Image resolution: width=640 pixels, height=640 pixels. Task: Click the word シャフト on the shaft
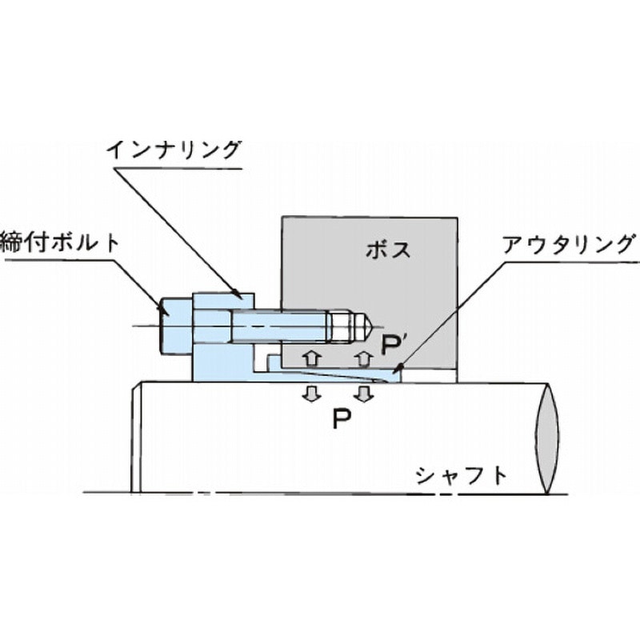coord(462,476)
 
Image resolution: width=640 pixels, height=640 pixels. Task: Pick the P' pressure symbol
coord(392,345)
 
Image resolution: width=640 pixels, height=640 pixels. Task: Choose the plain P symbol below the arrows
coord(342,418)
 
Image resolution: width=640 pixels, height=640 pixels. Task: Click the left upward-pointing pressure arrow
coord(314,355)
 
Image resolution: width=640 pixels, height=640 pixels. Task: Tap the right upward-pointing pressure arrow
coord(364,355)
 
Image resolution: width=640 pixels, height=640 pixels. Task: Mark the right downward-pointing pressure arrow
coord(364,393)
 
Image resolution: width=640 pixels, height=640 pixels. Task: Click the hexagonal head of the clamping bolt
coord(176,326)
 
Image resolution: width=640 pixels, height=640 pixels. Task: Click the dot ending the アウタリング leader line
coord(398,369)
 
